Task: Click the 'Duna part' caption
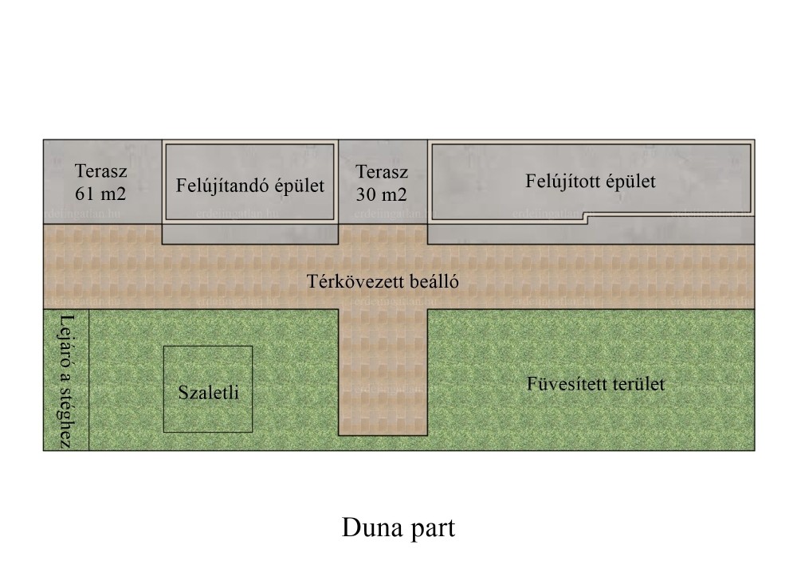[398, 528]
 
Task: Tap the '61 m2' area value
[100, 194]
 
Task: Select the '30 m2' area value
[381, 194]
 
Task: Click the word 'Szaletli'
[208, 392]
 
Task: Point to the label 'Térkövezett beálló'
[383, 281]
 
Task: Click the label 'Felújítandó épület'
[250, 186]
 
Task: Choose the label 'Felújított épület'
[591, 182]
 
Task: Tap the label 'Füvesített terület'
[595, 383]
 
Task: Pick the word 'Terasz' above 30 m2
[382, 172]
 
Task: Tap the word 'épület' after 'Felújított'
[630, 182]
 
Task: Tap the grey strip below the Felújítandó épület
[250, 233]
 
